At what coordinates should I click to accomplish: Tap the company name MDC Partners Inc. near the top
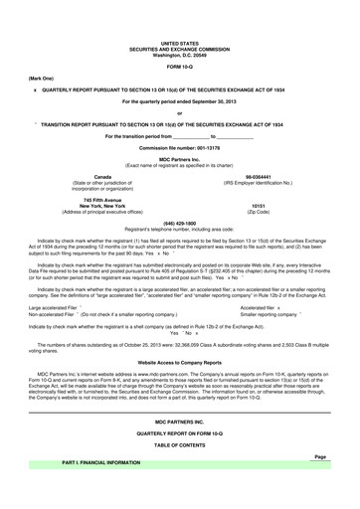[179, 159]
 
